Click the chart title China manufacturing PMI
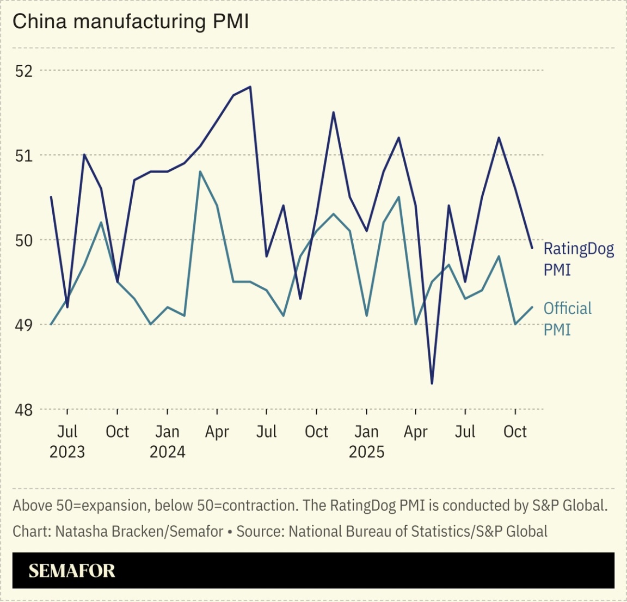pyautogui.click(x=131, y=22)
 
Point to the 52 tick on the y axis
pyautogui.click(x=23, y=71)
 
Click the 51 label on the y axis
pyautogui.click(x=23, y=156)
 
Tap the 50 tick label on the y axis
pyautogui.click(x=23, y=240)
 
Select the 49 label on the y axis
pyautogui.click(x=23, y=325)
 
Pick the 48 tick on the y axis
pyautogui.click(x=23, y=409)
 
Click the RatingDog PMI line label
pyautogui.click(x=578, y=259)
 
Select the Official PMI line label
pyautogui.click(x=567, y=318)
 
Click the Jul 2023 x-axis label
pyautogui.click(x=67, y=441)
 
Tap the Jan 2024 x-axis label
pyautogui.click(x=167, y=441)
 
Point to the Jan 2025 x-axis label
pyautogui.click(x=366, y=441)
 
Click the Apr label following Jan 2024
pyautogui.click(x=217, y=432)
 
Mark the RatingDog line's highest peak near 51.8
pyautogui.click(x=250, y=87)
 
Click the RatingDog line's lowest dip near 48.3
pyautogui.click(x=432, y=383)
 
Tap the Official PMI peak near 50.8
pyautogui.click(x=200, y=172)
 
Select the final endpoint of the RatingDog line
pyautogui.click(x=532, y=248)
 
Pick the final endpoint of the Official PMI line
pyautogui.click(x=532, y=307)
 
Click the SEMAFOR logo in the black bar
pyautogui.click(x=72, y=570)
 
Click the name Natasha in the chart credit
pyautogui.click(x=79, y=531)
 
